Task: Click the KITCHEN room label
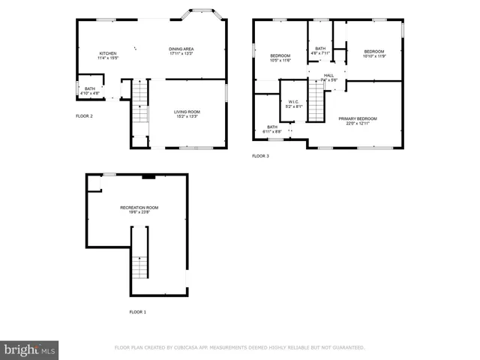(108, 53)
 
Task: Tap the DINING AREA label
(181, 49)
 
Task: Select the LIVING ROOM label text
(187, 112)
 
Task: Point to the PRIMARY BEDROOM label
(357, 118)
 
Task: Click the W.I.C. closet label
(294, 102)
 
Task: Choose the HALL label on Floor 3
(329, 75)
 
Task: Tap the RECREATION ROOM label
(139, 207)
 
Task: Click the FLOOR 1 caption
(137, 311)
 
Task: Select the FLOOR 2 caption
(84, 116)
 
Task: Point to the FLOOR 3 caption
(260, 156)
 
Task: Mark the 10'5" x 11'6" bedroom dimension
(280, 61)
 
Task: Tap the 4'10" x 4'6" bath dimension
(90, 93)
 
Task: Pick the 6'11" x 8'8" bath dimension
(272, 131)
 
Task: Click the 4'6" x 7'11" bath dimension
(321, 53)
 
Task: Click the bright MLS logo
(30, 349)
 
